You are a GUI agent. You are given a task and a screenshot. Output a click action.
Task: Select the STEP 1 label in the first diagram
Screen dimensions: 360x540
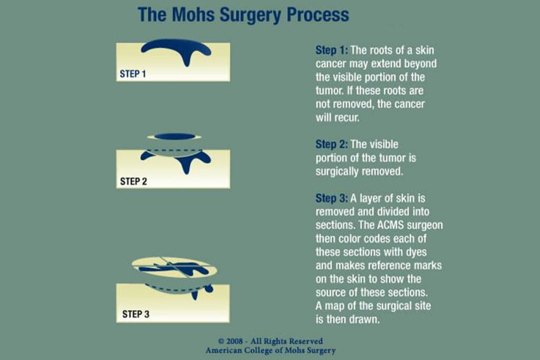point(132,74)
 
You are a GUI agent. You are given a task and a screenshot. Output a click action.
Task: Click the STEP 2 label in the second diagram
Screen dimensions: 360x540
point(133,181)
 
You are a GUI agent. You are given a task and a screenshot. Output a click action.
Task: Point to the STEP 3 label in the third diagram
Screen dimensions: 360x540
point(136,314)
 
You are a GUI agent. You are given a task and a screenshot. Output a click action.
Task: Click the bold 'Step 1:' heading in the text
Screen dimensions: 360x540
point(332,51)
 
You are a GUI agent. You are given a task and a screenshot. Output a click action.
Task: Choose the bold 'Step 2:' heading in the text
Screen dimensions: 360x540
point(332,144)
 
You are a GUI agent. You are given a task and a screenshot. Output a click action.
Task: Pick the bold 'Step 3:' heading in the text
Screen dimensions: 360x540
point(332,199)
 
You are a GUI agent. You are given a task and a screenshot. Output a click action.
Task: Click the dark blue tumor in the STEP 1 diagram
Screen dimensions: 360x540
point(176,49)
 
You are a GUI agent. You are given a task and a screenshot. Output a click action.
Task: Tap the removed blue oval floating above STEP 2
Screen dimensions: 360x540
point(175,137)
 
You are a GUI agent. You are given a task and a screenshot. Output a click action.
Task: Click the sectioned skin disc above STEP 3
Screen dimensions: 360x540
point(175,267)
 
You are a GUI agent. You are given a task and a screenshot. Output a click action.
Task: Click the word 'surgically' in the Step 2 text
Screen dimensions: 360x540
point(337,171)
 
